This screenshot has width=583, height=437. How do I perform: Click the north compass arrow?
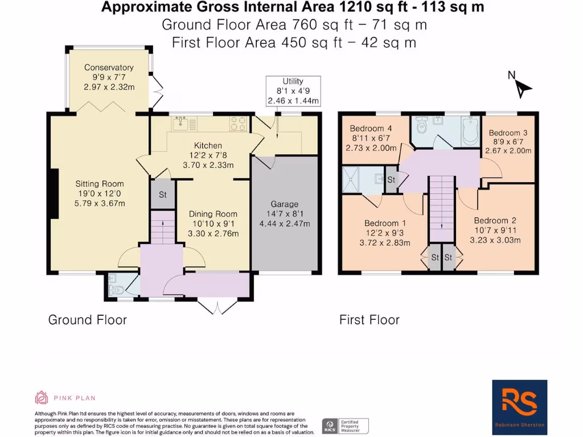522,86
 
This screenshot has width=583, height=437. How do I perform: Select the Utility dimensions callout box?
293,91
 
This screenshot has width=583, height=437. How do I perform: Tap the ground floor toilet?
116,288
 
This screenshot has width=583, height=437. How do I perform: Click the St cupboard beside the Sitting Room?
162,195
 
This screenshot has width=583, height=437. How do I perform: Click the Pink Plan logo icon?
41,397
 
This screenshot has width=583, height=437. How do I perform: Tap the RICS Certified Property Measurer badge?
346,426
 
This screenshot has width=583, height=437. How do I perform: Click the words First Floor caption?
369,320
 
